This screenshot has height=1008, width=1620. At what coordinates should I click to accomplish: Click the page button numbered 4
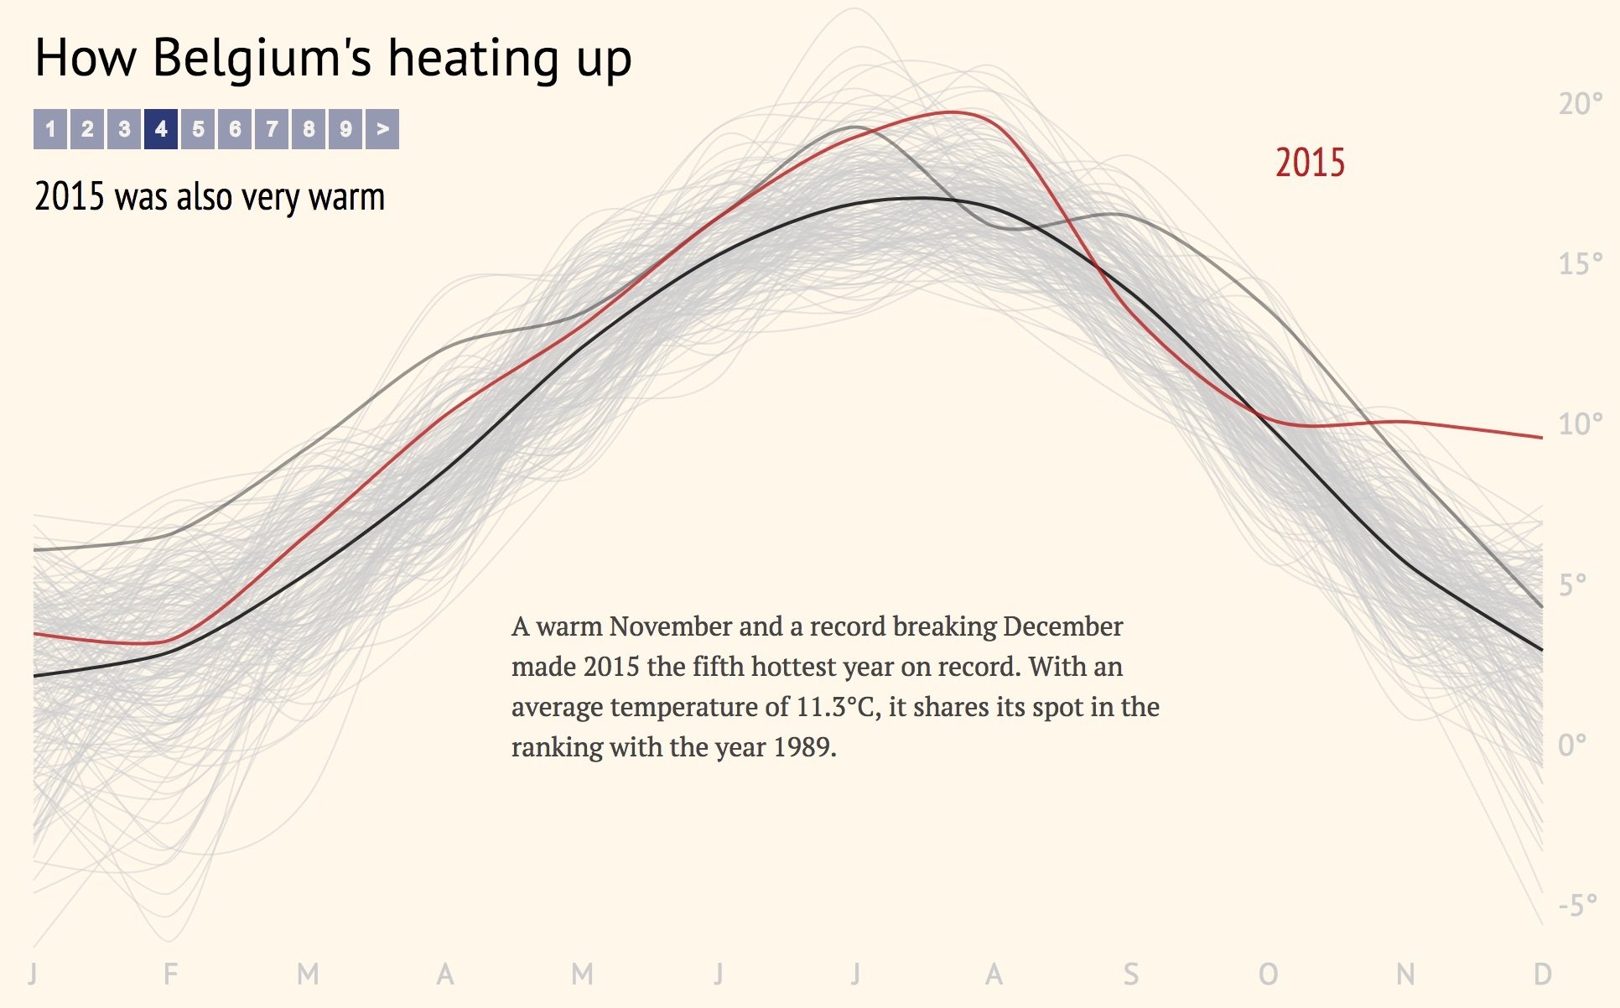point(161,129)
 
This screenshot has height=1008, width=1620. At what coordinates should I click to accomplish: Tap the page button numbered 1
point(50,129)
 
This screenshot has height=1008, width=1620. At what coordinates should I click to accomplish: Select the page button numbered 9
point(345,129)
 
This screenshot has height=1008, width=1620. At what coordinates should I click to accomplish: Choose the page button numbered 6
point(235,129)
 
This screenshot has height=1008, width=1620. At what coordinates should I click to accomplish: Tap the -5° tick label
point(1578,906)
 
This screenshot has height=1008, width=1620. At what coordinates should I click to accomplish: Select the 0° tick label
point(1572,745)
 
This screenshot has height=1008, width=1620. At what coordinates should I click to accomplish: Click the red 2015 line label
point(1310,163)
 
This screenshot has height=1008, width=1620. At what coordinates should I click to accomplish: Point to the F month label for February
point(170,974)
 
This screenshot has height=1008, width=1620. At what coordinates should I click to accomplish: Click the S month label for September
point(1131,974)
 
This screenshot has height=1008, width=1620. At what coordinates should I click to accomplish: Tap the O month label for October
point(1268,974)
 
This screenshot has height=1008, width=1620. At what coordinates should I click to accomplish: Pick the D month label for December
point(1542,974)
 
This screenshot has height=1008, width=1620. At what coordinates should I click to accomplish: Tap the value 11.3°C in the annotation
point(834,707)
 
